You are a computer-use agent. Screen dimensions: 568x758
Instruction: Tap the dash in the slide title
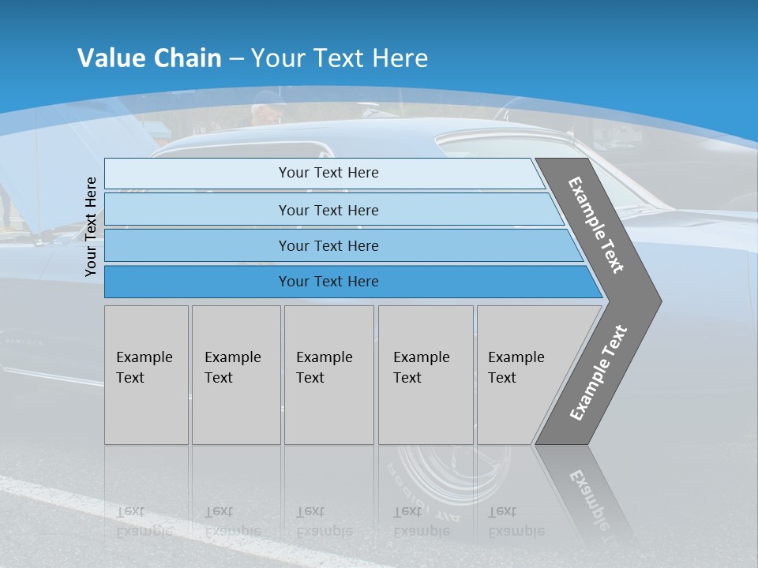[x=236, y=58]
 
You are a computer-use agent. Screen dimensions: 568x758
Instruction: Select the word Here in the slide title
[x=400, y=58]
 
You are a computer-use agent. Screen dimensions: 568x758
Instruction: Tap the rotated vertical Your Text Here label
[x=91, y=226]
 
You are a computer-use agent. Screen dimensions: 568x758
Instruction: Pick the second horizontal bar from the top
[x=328, y=210]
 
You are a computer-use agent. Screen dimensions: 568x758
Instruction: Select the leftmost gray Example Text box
[x=146, y=375]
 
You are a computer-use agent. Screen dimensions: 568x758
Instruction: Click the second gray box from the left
[x=236, y=375]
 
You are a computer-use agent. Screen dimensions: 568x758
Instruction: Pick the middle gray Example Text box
[x=328, y=375]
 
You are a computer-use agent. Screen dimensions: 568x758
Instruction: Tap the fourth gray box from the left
[x=426, y=375]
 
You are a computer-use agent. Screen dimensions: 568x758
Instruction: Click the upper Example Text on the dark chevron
[x=596, y=225]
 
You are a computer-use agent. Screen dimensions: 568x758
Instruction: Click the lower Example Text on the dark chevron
[x=598, y=373]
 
